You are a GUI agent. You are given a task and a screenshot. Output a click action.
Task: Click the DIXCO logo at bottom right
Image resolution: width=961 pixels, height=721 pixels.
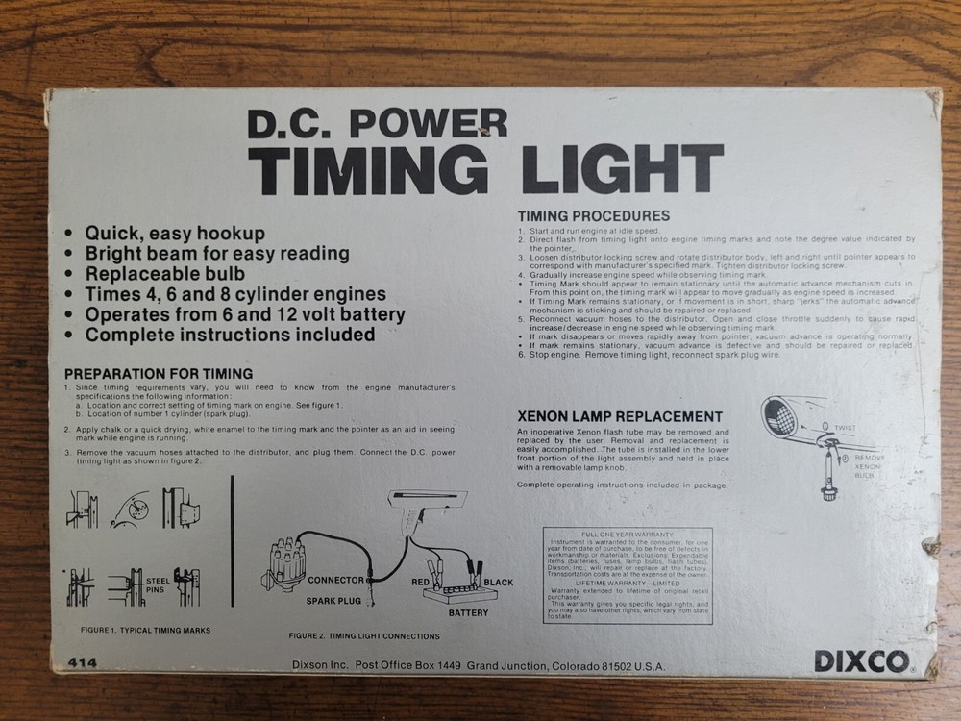pyautogui.click(x=861, y=661)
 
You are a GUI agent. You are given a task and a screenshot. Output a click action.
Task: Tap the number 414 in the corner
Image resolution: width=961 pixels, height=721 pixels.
pyautogui.click(x=83, y=662)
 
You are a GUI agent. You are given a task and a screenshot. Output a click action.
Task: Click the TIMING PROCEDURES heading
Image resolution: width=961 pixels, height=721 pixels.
pyautogui.click(x=593, y=216)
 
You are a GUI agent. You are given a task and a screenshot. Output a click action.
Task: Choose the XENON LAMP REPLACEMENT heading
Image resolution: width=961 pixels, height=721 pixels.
pyautogui.click(x=619, y=416)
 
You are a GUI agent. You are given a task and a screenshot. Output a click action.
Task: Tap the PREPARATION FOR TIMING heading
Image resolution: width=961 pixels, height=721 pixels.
pyautogui.click(x=158, y=372)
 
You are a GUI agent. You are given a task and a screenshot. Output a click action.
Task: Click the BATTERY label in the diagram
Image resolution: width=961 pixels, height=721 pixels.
pyautogui.click(x=467, y=612)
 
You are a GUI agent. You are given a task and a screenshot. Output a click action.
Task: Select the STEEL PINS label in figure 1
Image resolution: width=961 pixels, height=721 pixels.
pyautogui.click(x=159, y=585)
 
